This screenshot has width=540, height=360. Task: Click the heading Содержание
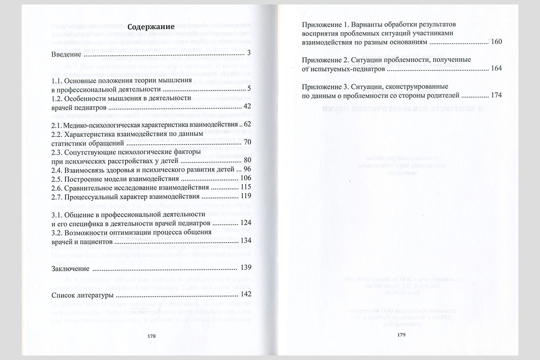click(148, 27)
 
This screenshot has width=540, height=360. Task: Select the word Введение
click(66, 54)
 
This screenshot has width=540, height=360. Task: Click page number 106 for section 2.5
click(244, 179)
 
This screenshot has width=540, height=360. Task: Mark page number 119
click(244, 196)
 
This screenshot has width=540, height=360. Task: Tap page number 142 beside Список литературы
click(244, 295)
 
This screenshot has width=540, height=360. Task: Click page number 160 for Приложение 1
click(496, 41)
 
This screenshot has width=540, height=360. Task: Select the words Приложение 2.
click(321, 59)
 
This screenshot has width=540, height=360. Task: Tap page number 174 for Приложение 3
click(496, 95)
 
